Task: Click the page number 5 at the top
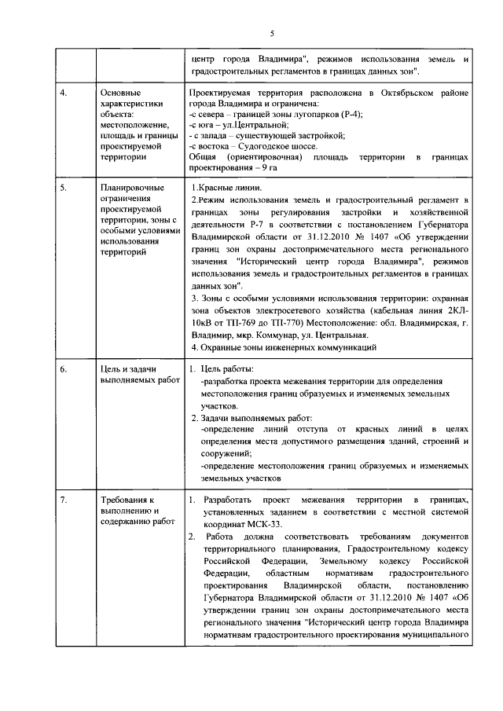click(271, 33)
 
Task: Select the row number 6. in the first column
click(64, 368)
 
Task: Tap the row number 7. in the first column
click(64, 500)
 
